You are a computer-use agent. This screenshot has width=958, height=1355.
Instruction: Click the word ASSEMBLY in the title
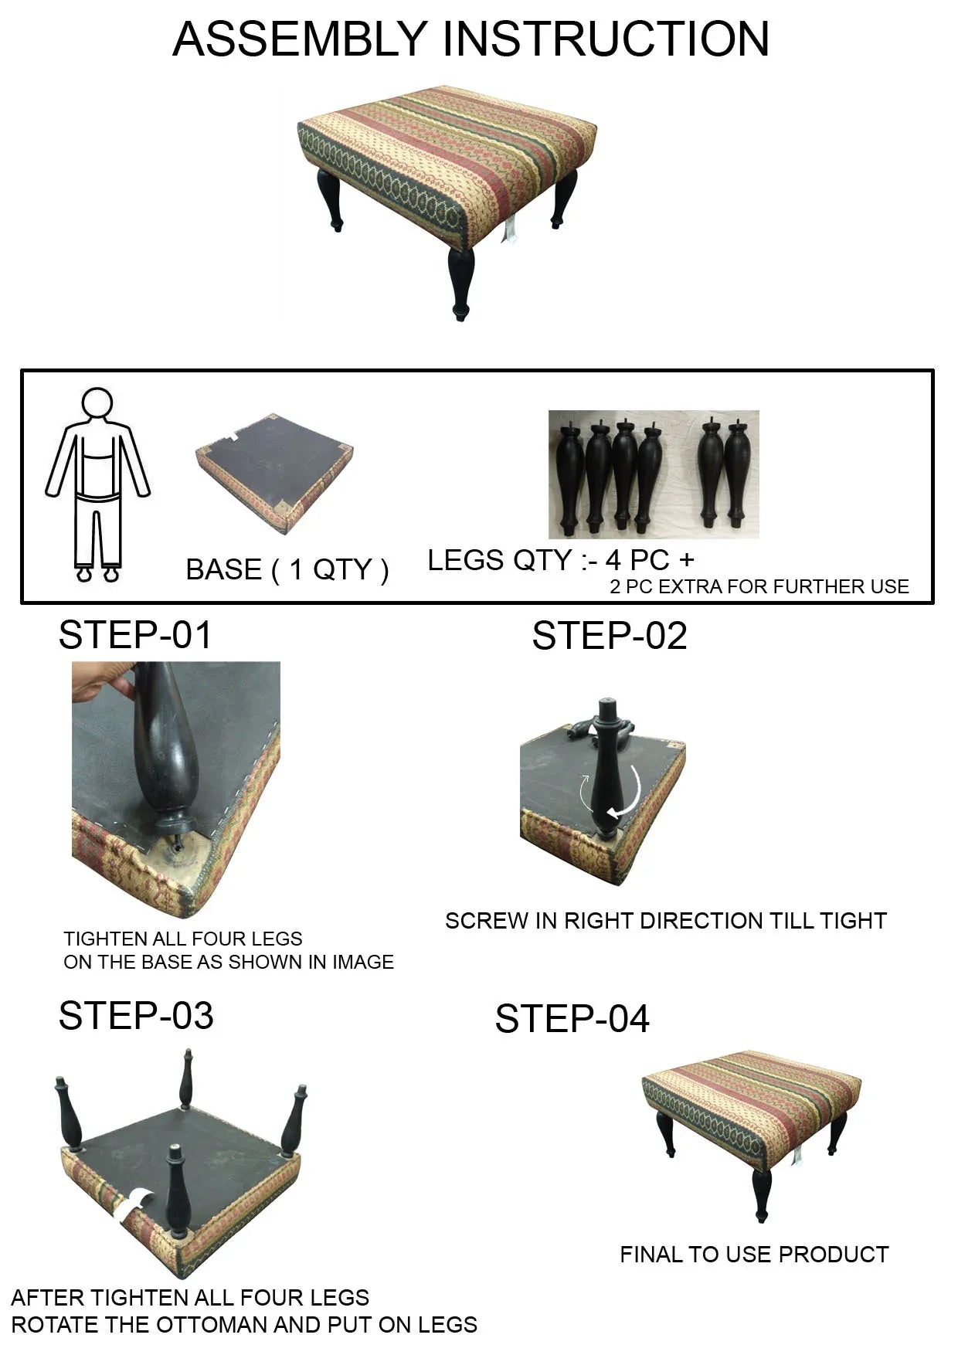300,39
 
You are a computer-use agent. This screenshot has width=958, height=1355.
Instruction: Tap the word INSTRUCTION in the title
606,39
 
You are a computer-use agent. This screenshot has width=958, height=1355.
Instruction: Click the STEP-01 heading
135,635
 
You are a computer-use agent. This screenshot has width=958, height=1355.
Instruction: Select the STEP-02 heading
610,636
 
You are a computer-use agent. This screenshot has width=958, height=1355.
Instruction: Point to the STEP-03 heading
136,1015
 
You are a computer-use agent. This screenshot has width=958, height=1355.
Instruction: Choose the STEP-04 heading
572,1018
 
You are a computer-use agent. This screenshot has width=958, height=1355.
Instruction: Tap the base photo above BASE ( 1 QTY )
275,473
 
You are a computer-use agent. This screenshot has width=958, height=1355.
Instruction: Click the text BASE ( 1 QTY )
287,569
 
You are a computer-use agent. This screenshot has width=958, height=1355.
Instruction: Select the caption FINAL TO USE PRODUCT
754,1255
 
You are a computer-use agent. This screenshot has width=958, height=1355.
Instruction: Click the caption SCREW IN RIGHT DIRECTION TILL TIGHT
666,921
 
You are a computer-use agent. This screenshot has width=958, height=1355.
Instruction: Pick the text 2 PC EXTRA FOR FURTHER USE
759,586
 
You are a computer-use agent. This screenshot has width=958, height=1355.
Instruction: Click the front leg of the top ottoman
461,284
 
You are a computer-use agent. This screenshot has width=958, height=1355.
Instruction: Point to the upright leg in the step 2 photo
607,768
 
